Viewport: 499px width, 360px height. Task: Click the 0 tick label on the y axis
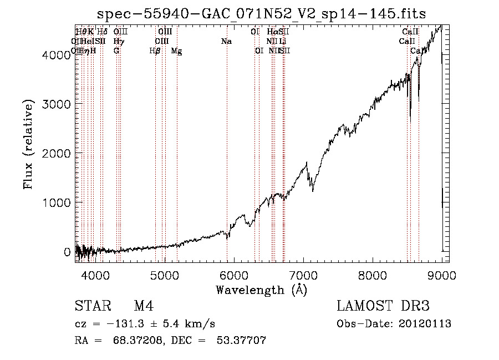click(67, 252)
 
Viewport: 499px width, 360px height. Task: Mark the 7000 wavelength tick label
click(303, 275)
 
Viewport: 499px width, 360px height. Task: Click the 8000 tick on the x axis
click(373, 275)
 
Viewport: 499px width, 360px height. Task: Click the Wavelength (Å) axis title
click(261, 290)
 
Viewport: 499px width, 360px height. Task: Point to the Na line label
click(226, 42)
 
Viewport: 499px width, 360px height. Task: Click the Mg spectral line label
click(176, 51)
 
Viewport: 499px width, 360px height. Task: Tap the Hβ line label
click(155, 51)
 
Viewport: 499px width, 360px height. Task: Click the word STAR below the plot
click(89, 306)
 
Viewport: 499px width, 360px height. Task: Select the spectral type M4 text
click(144, 306)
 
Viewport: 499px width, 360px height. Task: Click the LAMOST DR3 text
click(383, 306)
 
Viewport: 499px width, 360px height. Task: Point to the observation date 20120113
click(425, 324)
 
